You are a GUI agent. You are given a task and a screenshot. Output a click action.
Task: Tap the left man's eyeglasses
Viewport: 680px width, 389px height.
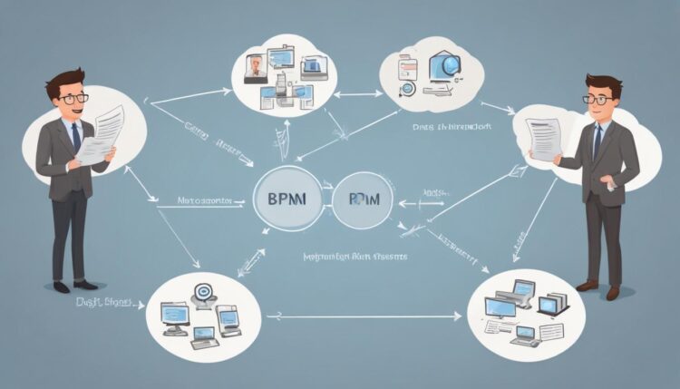point(72,98)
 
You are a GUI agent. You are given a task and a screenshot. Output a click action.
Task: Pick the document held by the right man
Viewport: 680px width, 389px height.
point(545,138)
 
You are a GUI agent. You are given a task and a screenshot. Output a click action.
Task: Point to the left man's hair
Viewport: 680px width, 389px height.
point(69,83)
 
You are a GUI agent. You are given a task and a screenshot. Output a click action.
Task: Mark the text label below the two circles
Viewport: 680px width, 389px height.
point(355,258)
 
